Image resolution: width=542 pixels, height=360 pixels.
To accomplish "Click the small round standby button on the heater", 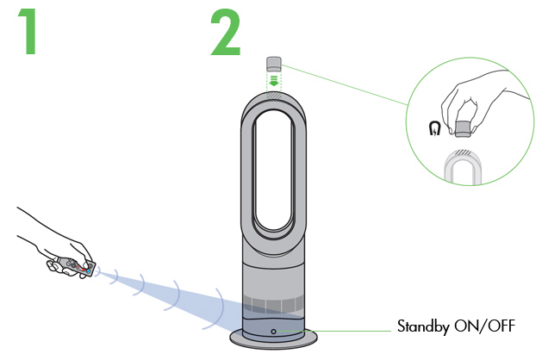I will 272,331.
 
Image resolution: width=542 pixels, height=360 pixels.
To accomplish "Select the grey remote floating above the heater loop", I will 273,63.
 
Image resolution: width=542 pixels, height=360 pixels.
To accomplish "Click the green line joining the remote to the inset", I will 345,83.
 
